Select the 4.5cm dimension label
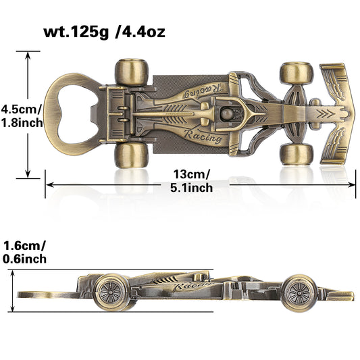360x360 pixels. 21,109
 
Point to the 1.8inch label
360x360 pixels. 22,123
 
